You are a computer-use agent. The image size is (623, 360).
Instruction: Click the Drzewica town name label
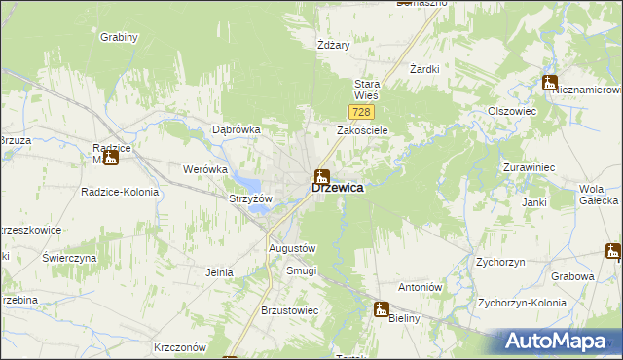tap(339, 189)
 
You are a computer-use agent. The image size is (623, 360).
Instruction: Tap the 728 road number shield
tap(359, 114)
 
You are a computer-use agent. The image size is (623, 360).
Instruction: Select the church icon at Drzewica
tap(321, 177)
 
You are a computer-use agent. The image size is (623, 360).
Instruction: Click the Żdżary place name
tap(333, 45)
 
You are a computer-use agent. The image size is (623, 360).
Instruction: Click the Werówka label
tap(204, 169)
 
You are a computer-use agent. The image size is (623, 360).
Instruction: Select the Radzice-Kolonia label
tap(120, 192)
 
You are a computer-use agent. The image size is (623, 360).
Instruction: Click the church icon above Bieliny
tap(382, 308)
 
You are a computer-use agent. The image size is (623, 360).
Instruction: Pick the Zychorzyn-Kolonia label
tap(522, 302)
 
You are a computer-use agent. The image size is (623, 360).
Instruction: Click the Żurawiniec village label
tap(530, 167)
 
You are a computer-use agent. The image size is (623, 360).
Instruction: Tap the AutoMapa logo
tap(560, 342)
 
